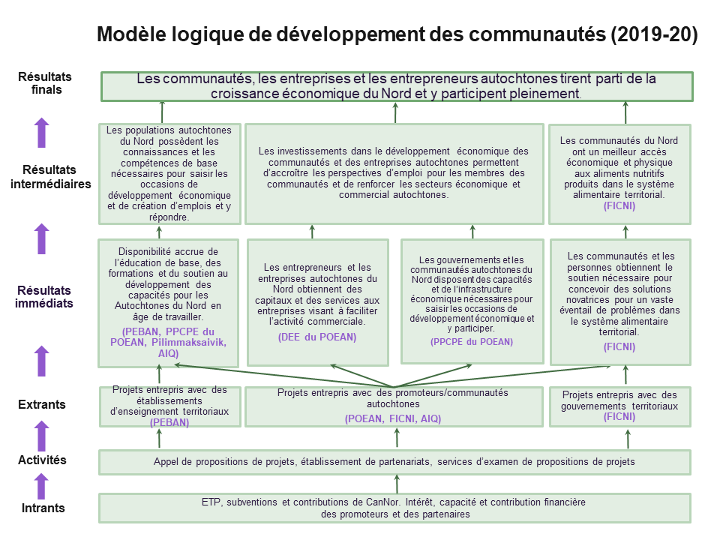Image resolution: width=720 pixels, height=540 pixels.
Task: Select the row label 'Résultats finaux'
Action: click(x=45, y=83)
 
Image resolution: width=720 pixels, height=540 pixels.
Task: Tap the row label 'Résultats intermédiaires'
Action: click(x=50, y=177)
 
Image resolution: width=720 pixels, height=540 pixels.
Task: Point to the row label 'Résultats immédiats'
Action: click(x=44, y=297)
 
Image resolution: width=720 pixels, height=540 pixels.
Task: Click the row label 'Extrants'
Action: click(x=42, y=404)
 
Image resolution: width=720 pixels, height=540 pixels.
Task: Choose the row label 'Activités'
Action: click(x=42, y=460)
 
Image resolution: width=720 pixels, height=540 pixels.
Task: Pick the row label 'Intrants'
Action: click(x=43, y=508)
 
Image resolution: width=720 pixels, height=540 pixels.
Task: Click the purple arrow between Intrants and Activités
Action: click(x=42, y=486)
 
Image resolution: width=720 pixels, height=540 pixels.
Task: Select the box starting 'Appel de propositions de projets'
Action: click(x=394, y=462)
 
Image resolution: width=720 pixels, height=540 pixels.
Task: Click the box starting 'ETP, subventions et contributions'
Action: click(x=394, y=508)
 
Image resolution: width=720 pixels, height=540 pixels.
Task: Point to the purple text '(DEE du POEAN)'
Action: click(x=317, y=337)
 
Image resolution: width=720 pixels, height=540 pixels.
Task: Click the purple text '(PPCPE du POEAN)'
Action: click(x=472, y=342)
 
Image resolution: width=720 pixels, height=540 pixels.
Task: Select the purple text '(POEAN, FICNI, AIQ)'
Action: click(x=393, y=418)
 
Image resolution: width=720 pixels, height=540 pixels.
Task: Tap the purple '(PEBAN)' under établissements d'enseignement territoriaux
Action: click(x=169, y=422)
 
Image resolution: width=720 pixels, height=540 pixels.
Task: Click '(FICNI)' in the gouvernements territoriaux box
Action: click(x=619, y=416)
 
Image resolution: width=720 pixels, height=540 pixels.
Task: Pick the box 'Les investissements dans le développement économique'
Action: click(x=394, y=174)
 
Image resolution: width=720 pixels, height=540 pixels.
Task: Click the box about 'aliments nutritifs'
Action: click(x=620, y=174)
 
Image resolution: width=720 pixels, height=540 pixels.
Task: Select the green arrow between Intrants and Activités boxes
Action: click(x=397, y=484)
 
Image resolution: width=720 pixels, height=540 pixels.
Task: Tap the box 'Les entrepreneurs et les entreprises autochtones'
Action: click(x=318, y=302)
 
